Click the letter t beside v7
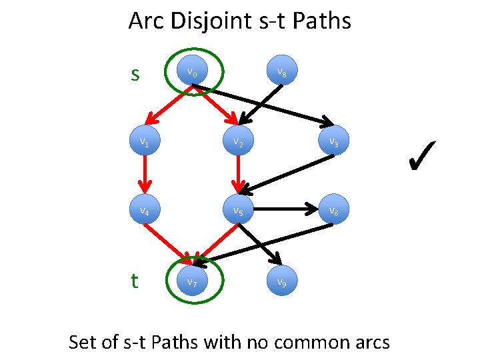[x=135, y=281]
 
